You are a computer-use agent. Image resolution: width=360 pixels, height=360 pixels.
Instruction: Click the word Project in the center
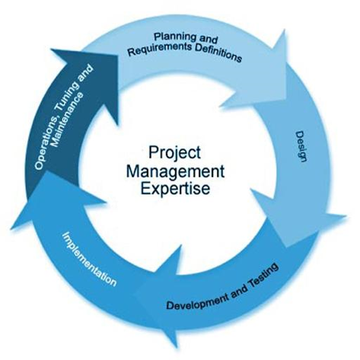174,153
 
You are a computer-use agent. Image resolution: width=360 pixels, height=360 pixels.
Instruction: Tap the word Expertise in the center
175,188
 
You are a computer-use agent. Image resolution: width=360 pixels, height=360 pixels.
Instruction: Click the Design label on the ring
302,146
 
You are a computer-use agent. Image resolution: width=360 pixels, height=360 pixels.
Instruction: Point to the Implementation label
89,259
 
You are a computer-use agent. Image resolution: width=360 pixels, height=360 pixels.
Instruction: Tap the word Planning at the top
175,37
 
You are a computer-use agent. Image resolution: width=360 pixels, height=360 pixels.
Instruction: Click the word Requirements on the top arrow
160,49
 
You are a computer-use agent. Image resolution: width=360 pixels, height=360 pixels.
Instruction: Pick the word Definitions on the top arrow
218,54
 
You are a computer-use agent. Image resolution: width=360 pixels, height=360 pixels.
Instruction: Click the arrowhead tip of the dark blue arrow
118,56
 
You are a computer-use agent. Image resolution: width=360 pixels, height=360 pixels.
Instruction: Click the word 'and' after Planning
208,40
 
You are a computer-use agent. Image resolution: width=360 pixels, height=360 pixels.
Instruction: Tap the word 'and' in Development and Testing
239,292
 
